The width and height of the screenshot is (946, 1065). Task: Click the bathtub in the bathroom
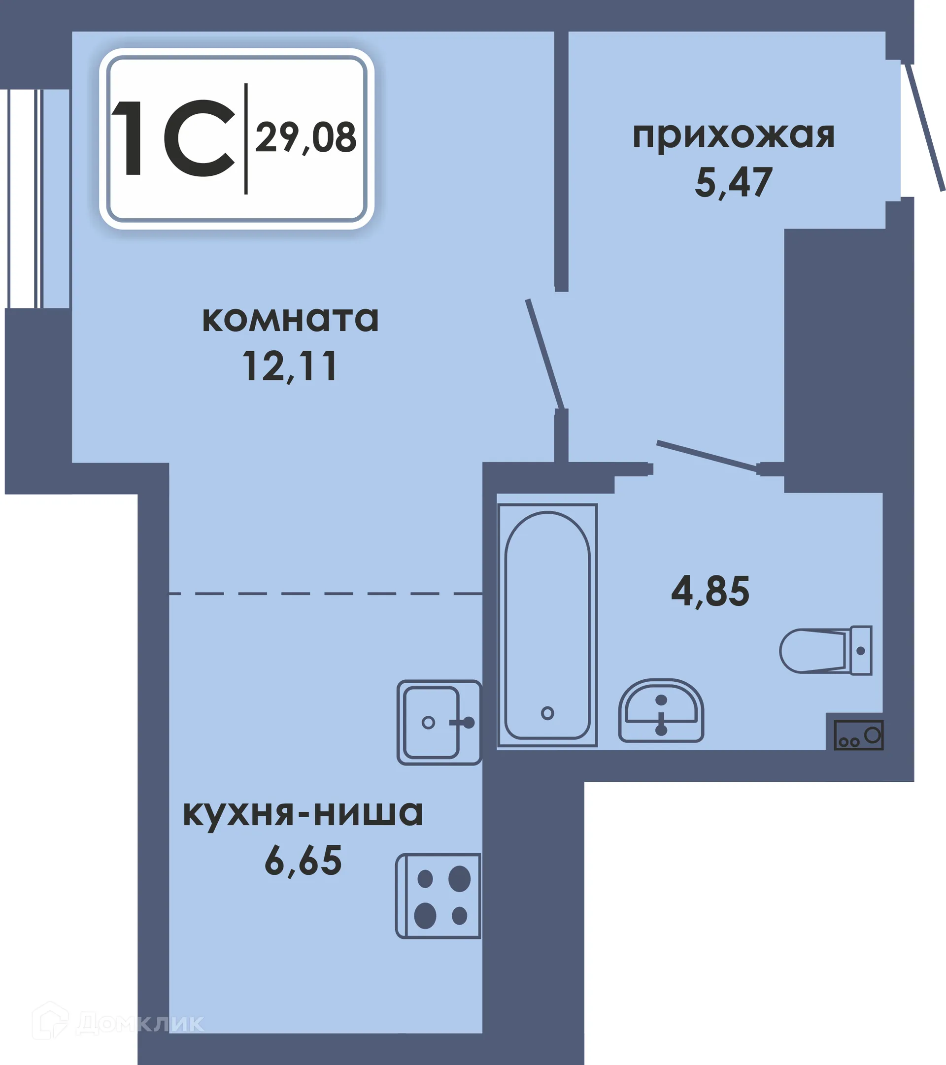547,625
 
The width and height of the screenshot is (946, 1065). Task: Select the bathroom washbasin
661,711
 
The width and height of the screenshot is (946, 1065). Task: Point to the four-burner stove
439,896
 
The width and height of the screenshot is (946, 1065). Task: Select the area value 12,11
290,366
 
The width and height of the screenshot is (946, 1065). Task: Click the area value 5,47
733,183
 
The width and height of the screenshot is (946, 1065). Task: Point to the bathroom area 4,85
710,592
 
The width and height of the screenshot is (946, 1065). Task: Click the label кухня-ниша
303,813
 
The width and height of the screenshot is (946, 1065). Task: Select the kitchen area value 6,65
303,861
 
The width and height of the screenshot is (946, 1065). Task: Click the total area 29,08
306,137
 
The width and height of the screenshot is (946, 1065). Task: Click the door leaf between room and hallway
544,354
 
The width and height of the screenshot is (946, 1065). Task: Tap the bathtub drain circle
547,713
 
